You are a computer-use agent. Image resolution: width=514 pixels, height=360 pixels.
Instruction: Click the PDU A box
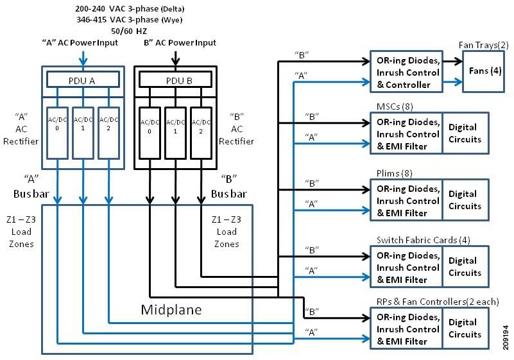81,79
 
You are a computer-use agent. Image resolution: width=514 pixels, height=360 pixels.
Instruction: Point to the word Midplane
171,310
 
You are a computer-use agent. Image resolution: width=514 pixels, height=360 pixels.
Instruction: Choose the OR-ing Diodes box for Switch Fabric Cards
406,267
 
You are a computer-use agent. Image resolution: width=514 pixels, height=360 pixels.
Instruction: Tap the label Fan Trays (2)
484,45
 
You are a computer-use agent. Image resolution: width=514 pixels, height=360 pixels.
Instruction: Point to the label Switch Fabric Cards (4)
424,239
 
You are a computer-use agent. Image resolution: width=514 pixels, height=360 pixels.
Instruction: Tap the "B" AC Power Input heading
178,43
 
